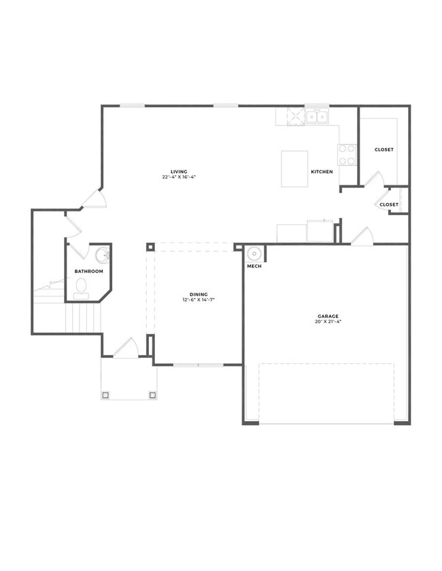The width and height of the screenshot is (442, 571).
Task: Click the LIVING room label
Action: (x=179, y=172)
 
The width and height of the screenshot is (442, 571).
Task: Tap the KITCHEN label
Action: (x=322, y=172)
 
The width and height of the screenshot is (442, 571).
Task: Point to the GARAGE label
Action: (x=328, y=316)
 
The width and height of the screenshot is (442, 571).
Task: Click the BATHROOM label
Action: (x=89, y=272)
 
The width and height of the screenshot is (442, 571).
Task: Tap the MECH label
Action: (x=254, y=266)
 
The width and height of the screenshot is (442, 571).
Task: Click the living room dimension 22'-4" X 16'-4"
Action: (x=179, y=177)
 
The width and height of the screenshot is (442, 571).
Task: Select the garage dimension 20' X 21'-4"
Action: (x=328, y=321)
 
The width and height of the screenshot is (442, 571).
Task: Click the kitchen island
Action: (x=294, y=168)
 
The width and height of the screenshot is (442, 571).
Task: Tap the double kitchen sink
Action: (x=316, y=117)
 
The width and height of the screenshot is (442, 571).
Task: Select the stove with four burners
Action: (x=347, y=155)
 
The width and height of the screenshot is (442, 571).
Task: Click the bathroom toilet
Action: (x=82, y=287)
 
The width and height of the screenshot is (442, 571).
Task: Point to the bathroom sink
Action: (x=102, y=255)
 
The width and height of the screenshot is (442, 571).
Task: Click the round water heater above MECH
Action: (x=254, y=254)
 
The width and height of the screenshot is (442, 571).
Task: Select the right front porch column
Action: (x=152, y=394)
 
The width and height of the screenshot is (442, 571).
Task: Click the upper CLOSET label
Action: (x=384, y=149)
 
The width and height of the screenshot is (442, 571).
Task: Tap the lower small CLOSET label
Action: (x=389, y=204)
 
